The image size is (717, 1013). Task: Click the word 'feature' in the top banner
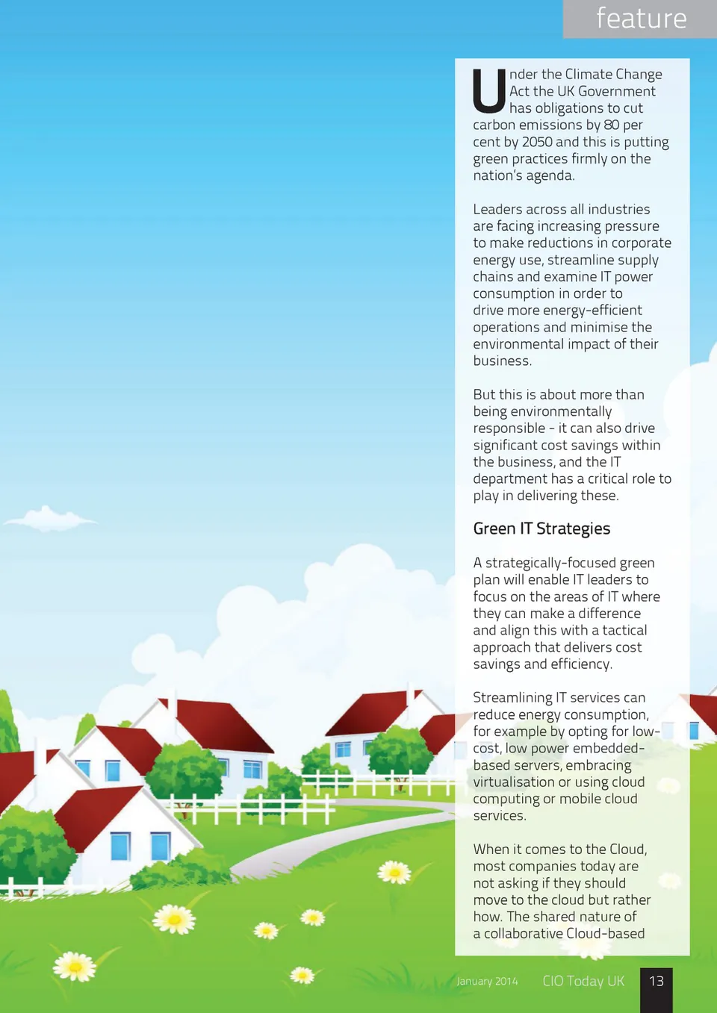(x=641, y=19)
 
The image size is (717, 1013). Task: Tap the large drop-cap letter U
(x=489, y=90)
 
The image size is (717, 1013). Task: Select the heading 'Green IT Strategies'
(x=541, y=529)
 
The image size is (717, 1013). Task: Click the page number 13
(x=657, y=981)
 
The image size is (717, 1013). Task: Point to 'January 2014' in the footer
(x=487, y=982)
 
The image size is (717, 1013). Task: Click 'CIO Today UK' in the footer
(x=583, y=981)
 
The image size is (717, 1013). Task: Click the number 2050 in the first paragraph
(x=537, y=142)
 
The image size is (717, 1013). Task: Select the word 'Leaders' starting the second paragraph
(x=497, y=210)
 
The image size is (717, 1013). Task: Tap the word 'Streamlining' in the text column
(x=512, y=697)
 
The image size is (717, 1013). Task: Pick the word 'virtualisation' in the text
(x=513, y=782)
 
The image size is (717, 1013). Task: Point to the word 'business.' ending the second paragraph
(x=502, y=361)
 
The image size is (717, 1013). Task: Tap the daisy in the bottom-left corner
(x=75, y=967)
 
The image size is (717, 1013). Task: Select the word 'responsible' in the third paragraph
(x=509, y=428)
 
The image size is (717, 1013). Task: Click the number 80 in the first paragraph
(x=611, y=125)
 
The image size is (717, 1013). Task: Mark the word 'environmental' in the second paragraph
(x=518, y=344)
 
